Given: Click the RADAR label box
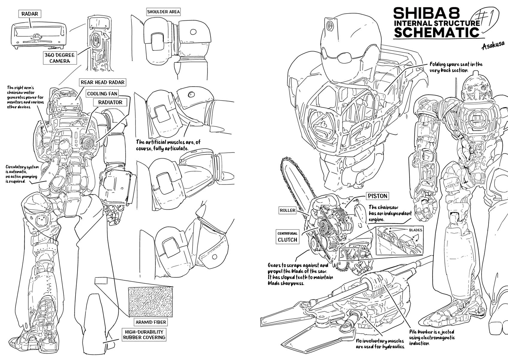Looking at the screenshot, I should click(x=30, y=14).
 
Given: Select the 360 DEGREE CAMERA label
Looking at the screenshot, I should click(x=59, y=58).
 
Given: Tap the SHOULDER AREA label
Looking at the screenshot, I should click(x=163, y=12).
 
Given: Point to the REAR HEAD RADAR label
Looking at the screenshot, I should click(x=102, y=82).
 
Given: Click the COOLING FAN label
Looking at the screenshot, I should click(x=102, y=94).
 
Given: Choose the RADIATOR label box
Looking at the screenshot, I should click(x=110, y=102).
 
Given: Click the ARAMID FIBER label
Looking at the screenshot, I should click(x=150, y=322).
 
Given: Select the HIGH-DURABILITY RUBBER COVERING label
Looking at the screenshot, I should click(x=144, y=334).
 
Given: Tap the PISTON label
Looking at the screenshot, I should click(x=378, y=196).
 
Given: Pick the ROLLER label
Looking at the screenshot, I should click(x=288, y=210).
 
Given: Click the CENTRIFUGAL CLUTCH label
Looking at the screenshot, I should click(x=287, y=237).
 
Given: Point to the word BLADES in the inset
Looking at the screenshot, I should click(x=415, y=230).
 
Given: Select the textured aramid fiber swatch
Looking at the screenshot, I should click(x=150, y=302).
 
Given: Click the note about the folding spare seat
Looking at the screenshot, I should click(x=456, y=67).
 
